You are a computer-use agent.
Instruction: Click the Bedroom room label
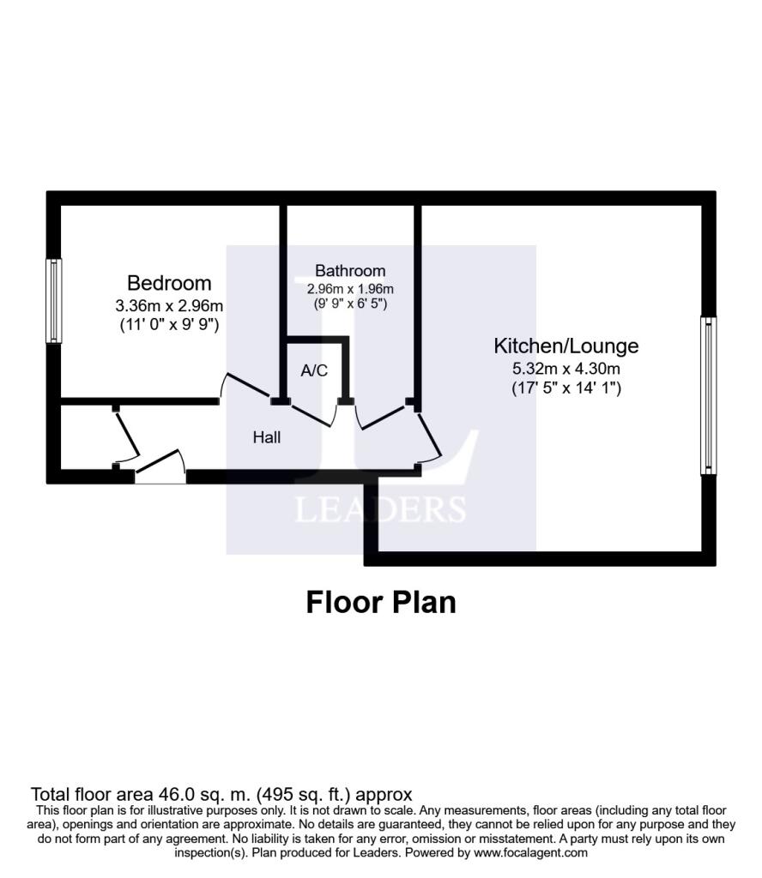pyautogui.click(x=169, y=283)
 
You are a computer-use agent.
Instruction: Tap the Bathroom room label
pyautogui.click(x=350, y=270)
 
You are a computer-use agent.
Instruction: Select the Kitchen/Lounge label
pyautogui.click(x=565, y=346)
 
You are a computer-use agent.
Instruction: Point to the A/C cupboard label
pyautogui.click(x=314, y=370)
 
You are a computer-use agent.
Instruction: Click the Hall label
pyautogui.click(x=267, y=437)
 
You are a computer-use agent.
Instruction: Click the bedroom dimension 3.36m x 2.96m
pyautogui.click(x=169, y=306)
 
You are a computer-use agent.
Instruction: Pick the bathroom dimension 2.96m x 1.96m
pyautogui.click(x=350, y=289)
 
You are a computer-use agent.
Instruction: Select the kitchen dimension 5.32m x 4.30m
pyautogui.click(x=565, y=369)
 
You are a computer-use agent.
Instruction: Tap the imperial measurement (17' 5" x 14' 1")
pyautogui.click(x=566, y=388)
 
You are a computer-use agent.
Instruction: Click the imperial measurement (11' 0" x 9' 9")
pyautogui.click(x=169, y=324)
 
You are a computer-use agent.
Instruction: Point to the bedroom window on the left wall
pyautogui.click(x=54, y=301)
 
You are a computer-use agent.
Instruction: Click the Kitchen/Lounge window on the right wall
pyautogui.click(x=709, y=396)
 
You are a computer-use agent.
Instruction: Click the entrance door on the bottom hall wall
pyautogui.click(x=160, y=466)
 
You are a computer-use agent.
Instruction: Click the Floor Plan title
pyautogui.click(x=381, y=603)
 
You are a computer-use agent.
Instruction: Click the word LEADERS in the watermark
pyautogui.click(x=381, y=510)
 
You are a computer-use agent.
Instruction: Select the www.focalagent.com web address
pyautogui.click(x=530, y=853)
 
